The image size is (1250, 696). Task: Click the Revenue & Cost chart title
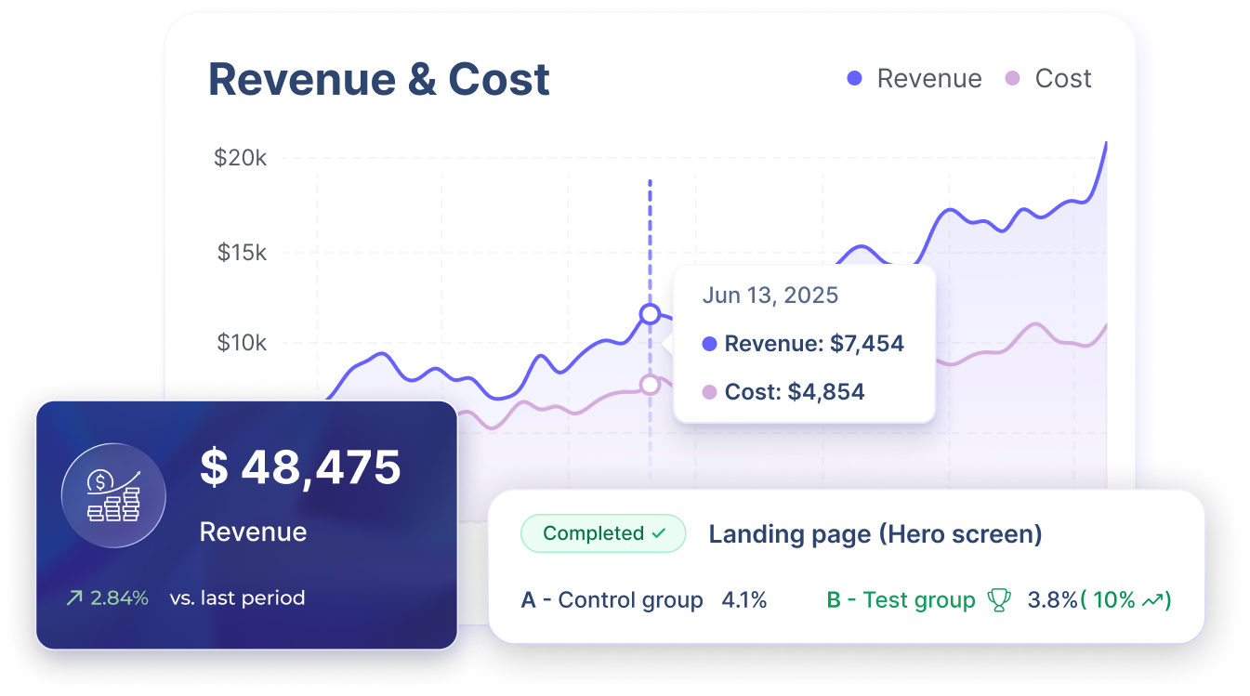(x=378, y=80)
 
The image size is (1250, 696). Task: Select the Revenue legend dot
(x=855, y=79)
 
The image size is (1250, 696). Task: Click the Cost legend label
(x=1063, y=79)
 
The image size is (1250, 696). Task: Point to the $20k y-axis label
(x=240, y=158)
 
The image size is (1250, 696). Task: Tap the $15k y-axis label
(x=242, y=252)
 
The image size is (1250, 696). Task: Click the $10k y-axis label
(x=242, y=344)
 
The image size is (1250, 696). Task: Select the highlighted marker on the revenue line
(x=650, y=314)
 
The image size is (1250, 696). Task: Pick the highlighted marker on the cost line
(x=650, y=384)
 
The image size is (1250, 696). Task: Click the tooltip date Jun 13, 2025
(x=770, y=295)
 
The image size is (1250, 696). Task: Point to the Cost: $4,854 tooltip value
(x=794, y=392)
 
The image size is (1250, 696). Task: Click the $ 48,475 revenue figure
(x=300, y=468)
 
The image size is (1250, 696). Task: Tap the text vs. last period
(x=237, y=598)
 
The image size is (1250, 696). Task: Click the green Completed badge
(x=603, y=533)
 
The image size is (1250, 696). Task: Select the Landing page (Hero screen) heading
(x=875, y=534)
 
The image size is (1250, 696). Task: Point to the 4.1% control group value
(x=743, y=600)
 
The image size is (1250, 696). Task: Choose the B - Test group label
(x=900, y=600)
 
